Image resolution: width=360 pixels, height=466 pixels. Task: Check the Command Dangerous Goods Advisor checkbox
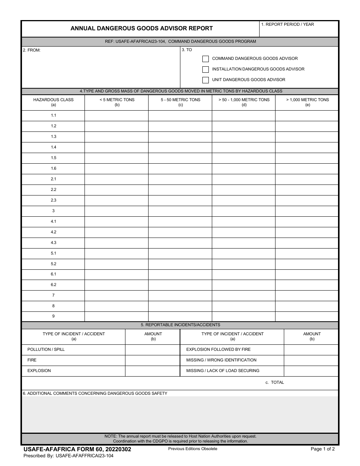pyautogui.click(x=205, y=59)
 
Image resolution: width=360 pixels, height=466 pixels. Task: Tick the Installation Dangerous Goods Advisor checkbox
pyautogui.click(x=205, y=69)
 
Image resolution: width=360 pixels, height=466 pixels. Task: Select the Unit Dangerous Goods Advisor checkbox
pyautogui.click(x=205, y=80)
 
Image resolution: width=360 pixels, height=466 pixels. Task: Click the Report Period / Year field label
pyautogui.click(x=288, y=24)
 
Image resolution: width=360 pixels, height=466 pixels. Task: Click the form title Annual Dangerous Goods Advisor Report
pyautogui.click(x=142, y=28)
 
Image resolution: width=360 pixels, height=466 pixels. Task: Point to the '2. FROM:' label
pyautogui.click(x=32, y=50)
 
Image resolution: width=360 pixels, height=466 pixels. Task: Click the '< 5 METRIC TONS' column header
pyautogui.click(x=117, y=100)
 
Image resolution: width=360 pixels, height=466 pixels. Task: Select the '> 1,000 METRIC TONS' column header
pyautogui.click(x=307, y=100)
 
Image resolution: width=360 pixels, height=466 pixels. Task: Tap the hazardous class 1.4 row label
pyautogui.click(x=53, y=147)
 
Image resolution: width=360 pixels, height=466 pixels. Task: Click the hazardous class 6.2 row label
pyautogui.click(x=53, y=285)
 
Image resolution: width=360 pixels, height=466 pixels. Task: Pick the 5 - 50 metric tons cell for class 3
pyautogui.click(x=180, y=211)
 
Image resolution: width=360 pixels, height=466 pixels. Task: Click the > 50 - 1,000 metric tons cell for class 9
pyautogui.click(x=243, y=316)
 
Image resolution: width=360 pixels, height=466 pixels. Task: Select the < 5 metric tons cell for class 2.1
pyautogui.click(x=116, y=179)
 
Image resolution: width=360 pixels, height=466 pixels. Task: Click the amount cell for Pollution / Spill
pyautogui.click(x=153, y=350)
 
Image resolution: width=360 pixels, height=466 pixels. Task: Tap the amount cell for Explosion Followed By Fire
pyautogui.click(x=311, y=350)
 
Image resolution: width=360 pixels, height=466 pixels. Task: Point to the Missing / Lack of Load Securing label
pyautogui.click(x=223, y=371)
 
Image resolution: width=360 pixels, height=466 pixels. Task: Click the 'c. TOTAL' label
pyautogui.click(x=275, y=383)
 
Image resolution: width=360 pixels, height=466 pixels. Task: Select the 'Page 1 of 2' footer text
pyautogui.click(x=322, y=449)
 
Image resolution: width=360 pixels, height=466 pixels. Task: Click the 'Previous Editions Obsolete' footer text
pyautogui.click(x=193, y=449)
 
